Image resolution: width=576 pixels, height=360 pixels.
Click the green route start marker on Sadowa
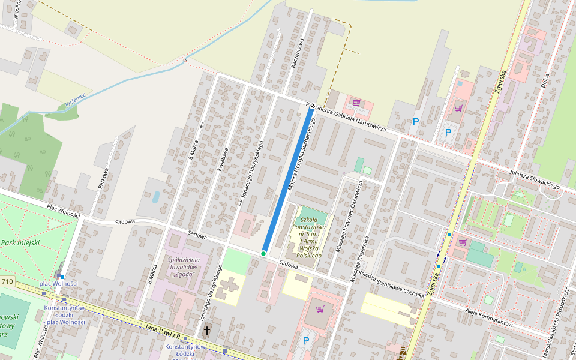pos(263,254)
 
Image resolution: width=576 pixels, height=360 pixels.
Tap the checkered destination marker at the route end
pos(312,106)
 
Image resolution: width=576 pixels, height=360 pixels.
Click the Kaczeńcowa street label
pos(298,55)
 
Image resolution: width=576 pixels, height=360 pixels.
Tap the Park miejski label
pos(20,242)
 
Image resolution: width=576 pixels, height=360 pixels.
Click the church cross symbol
pos(207,330)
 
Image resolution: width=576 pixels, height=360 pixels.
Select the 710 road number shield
pos(7,281)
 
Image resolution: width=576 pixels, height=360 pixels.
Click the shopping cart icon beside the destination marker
pos(356,102)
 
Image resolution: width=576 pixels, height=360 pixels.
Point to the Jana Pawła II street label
pos(163,328)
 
